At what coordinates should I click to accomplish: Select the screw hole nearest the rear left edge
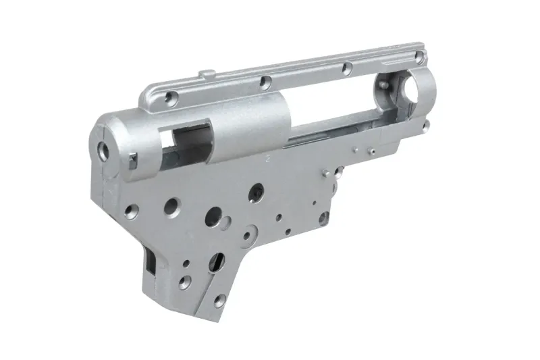point(133,209)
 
